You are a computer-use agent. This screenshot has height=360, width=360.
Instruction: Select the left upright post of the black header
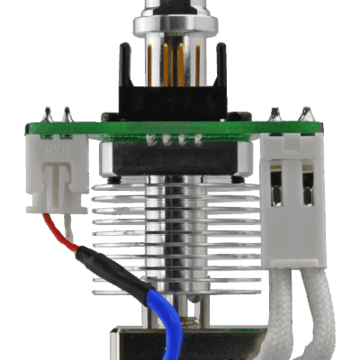[x=127, y=76]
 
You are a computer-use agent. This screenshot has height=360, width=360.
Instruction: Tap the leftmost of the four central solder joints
[x=149, y=140]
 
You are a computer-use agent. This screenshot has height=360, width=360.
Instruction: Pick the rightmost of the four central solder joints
[x=195, y=140]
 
